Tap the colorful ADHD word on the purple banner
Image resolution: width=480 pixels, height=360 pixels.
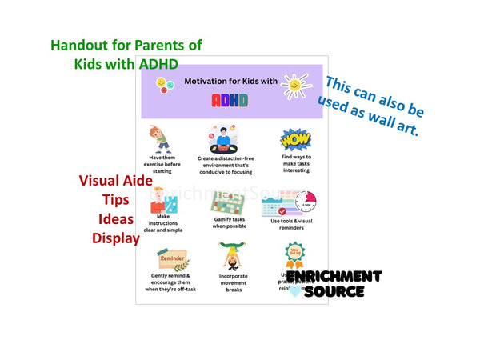230,100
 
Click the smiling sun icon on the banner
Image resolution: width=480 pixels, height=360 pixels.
295,85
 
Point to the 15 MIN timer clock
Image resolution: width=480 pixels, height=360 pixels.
309,201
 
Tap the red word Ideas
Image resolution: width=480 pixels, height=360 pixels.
115,218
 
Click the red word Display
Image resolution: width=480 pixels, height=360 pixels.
115,237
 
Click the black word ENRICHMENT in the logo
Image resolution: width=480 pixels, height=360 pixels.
334,277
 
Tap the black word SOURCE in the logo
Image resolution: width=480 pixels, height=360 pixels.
334,292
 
